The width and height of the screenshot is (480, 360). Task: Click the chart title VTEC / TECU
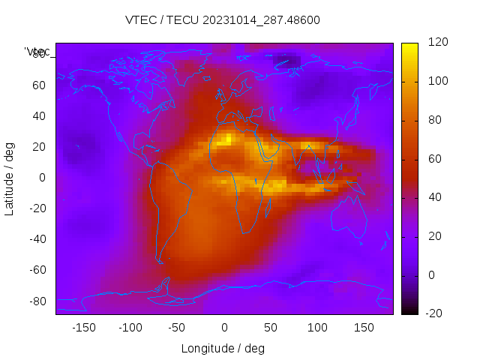click(x=223, y=20)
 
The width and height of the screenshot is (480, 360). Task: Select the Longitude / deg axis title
click(x=223, y=348)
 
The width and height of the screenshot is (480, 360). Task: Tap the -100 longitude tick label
click(x=130, y=328)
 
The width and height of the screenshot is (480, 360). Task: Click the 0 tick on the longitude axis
click(x=223, y=328)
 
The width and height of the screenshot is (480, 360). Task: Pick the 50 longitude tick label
click(x=270, y=328)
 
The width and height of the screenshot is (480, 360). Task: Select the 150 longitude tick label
click(x=364, y=328)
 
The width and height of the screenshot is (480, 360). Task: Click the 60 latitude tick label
click(x=39, y=85)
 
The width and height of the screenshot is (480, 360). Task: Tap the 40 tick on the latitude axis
click(x=39, y=115)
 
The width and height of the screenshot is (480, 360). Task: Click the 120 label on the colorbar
click(x=438, y=43)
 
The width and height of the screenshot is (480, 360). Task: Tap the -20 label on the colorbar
click(x=435, y=313)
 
